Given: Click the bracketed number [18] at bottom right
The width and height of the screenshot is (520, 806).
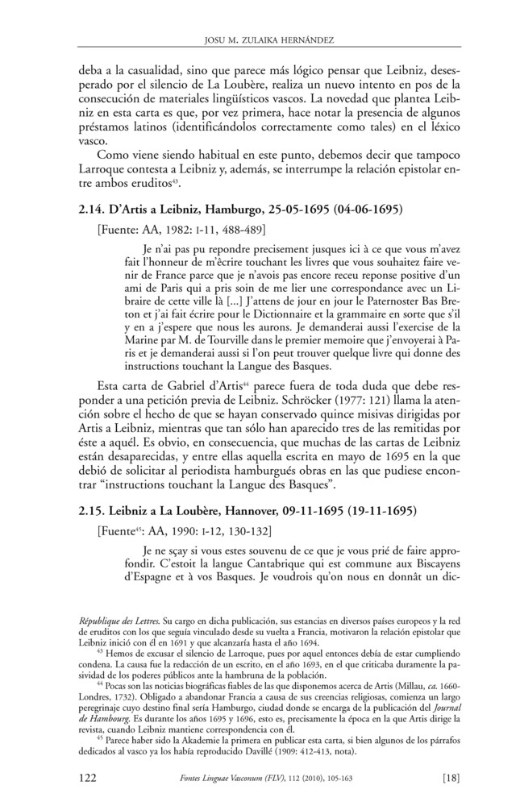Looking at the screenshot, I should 451,777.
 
